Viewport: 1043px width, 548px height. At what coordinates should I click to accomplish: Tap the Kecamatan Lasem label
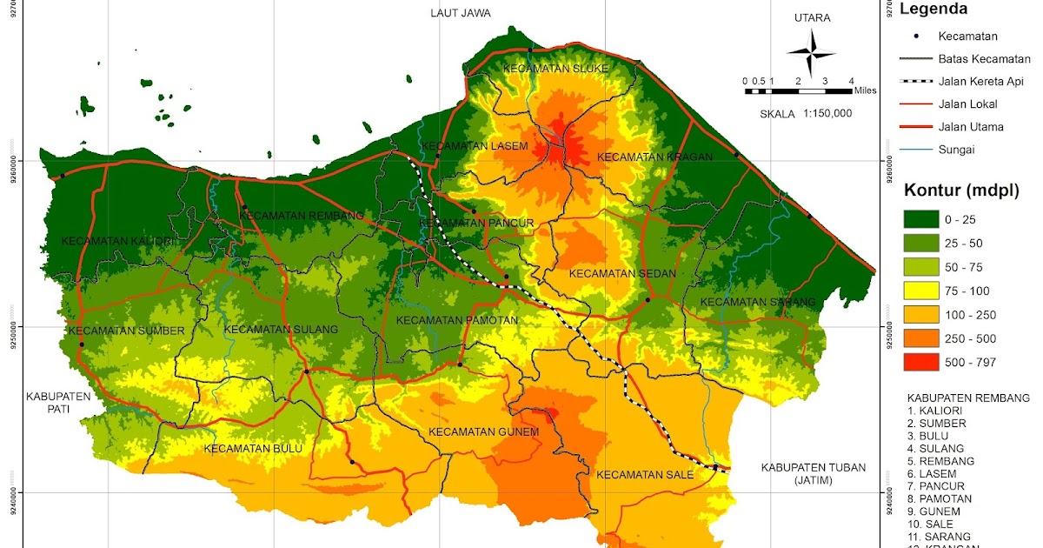474,146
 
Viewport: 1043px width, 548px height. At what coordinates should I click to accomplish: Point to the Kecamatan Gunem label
484,432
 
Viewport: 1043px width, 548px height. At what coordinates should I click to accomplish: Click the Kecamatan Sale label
644,475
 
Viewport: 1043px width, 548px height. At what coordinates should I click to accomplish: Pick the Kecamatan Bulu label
253,449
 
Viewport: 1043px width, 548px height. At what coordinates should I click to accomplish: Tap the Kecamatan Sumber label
127,331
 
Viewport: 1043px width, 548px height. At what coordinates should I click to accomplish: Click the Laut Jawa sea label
461,13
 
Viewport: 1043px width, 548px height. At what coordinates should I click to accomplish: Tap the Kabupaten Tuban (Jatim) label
814,474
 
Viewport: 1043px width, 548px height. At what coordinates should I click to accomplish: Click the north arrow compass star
811,51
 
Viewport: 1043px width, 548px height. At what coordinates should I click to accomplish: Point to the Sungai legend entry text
956,150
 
